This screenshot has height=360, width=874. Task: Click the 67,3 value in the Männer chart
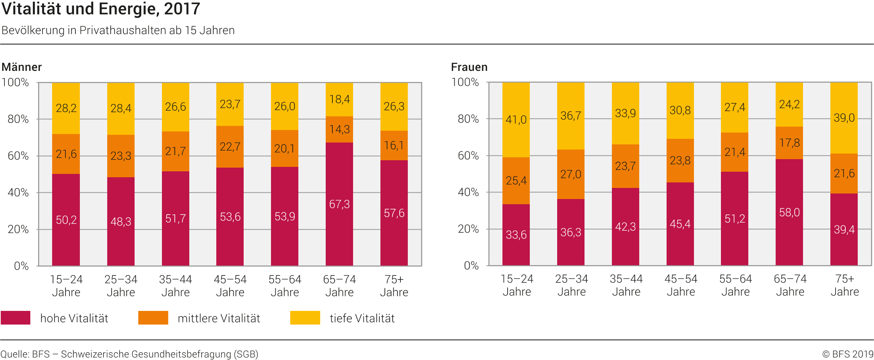(x=339, y=204)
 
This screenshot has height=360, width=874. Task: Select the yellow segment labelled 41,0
(x=516, y=120)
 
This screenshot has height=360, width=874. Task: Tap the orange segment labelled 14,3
(x=339, y=129)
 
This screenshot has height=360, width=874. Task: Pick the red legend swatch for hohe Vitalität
(x=16, y=318)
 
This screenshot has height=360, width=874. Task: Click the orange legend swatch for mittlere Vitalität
(x=153, y=318)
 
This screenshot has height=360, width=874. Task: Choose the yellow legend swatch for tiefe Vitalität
(x=305, y=318)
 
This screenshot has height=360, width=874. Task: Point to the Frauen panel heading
(x=469, y=67)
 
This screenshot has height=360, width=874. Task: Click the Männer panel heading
(x=22, y=67)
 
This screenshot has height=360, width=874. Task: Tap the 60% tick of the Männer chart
(x=18, y=156)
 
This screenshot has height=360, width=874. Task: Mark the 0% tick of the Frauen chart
(x=471, y=265)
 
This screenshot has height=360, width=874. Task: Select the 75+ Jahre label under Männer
(x=394, y=286)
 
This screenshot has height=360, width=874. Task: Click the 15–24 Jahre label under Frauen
(x=517, y=285)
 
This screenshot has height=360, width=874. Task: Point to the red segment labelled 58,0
(x=789, y=212)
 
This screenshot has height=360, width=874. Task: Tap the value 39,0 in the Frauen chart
(x=844, y=118)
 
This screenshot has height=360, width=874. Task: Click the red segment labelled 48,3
(x=121, y=222)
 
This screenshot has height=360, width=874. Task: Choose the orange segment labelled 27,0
(x=570, y=174)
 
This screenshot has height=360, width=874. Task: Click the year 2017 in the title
(x=182, y=9)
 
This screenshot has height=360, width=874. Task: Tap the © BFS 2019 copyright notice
(x=847, y=354)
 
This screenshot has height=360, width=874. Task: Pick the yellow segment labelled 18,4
(x=339, y=99)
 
